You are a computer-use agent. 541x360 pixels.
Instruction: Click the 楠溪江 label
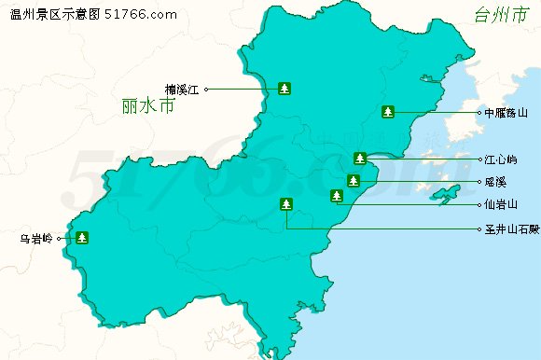pyautogui.click(x=183, y=90)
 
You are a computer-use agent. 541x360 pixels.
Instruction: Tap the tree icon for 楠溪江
pyautogui.click(x=284, y=89)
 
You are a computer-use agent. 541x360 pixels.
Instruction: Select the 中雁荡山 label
pyautogui.click(x=506, y=113)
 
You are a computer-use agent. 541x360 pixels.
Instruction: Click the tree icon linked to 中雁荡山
pyautogui.click(x=388, y=112)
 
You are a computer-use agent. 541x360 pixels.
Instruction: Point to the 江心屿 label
pyautogui.click(x=501, y=159)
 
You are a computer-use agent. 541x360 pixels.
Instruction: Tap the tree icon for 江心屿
pyautogui.click(x=360, y=158)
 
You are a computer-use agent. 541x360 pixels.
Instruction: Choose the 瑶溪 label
pyautogui.click(x=495, y=181)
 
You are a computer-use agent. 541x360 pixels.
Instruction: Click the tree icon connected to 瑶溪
pyautogui.click(x=353, y=180)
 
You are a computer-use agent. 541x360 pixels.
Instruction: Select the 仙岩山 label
pyautogui.click(x=501, y=203)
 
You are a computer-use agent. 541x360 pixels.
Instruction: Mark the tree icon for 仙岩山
pyautogui.click(x=337, y=195)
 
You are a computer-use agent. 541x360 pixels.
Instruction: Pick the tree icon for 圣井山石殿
pyautogui.click(x=285, y=204)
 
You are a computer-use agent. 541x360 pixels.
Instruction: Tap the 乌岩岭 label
pyautogui.click(x=36, y=238)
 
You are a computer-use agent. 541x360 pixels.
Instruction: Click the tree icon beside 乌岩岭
pyautogui.click(x=83, y=237)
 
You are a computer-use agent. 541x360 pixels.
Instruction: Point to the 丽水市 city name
pyautogui.click(x=148, y=106)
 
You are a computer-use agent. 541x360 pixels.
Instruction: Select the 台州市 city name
pyautogui.click(x=500, y=16)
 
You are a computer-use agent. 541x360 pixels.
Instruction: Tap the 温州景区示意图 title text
pyautogui.click(x=54, y=14)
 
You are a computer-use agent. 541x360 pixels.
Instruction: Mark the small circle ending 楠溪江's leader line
pyautogui.click(x=207, y=90)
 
